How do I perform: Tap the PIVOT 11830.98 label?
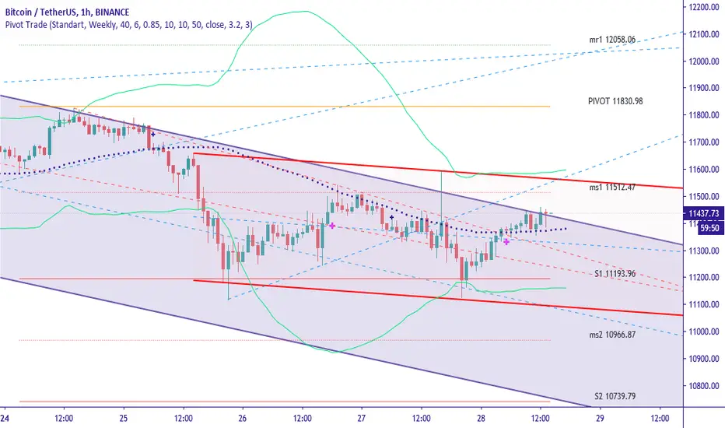tap(616, 101)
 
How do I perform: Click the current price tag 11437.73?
tap(703, 212)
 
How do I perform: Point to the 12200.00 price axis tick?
tap(705, 7)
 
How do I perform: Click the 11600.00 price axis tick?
tap(705, 170)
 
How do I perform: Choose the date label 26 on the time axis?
tap(242, 416)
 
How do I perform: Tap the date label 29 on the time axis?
tap(599, 416)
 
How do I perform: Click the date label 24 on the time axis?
tap(5, 416)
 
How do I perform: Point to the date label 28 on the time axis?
tap(480, 416)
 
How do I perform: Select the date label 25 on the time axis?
tap(124, 416)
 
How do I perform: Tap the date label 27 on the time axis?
tap(362, 416)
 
